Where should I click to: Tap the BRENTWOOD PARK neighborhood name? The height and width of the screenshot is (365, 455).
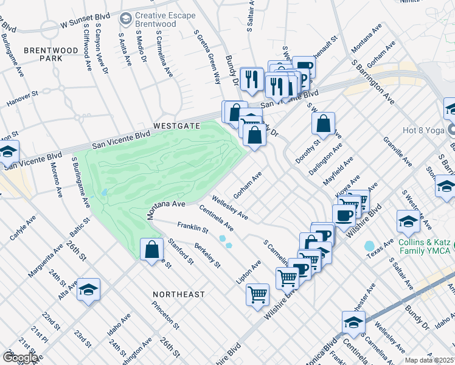coord(43,54)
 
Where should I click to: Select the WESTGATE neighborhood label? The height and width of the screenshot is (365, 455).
coord(176,125)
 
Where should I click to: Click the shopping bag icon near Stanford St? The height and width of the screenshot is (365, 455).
coord(151,250)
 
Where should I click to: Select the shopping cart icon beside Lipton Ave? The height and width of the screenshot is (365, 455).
coord(258,295)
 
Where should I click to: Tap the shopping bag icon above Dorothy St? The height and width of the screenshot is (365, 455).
coord(324,123)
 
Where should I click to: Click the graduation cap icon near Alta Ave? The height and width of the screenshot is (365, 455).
coord(89,290)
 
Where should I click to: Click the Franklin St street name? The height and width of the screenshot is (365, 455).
coord(193,229)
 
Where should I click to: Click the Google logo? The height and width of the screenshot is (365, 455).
coord(20,358)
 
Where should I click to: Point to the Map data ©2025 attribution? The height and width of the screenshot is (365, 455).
coord(429,360)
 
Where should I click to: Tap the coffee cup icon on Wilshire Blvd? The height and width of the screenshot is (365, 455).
coord(344,215)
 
